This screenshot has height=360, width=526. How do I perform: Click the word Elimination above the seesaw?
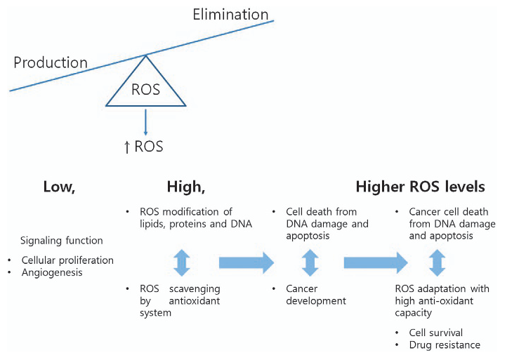[230, 14]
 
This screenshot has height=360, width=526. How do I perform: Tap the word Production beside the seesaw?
[51, 62]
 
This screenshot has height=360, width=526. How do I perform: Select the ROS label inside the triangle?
[145, 90]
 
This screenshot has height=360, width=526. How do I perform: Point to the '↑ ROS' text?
[143, 147]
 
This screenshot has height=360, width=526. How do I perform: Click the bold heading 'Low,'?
[60, 187]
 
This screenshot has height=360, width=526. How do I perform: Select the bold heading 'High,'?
[185, 187]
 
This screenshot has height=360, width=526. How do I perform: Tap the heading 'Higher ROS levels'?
[420, 187]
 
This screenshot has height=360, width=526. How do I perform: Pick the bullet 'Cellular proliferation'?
[67, 260]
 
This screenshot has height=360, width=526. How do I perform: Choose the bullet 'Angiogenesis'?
[52, 272]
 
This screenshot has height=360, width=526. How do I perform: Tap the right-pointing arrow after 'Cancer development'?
[375, 263]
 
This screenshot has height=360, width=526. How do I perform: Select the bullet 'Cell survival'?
[441, 332]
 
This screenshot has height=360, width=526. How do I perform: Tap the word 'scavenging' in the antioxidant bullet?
[202, 289]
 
